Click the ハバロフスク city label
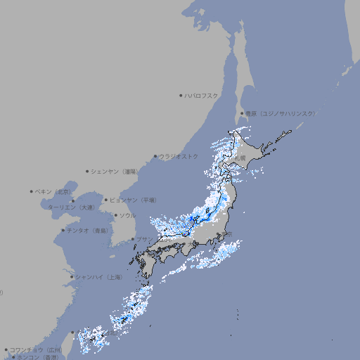[x=201, y=95]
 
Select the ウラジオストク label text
[x=179, y=156]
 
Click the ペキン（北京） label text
[x=53, y=191]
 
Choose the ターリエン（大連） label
[x=71, y=207]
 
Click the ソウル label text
[x=127, y=215]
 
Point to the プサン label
[x=143, y=239]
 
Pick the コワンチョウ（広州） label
[x=36, y=349]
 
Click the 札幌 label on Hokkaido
[x=240, y=158]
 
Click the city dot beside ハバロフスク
[x=181, y=95]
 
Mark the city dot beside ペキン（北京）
[x=32, y=191]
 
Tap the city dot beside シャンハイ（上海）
[x=72, y=277]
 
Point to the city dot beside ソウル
[x=115, y=215]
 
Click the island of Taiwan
[x=67, y=342]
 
